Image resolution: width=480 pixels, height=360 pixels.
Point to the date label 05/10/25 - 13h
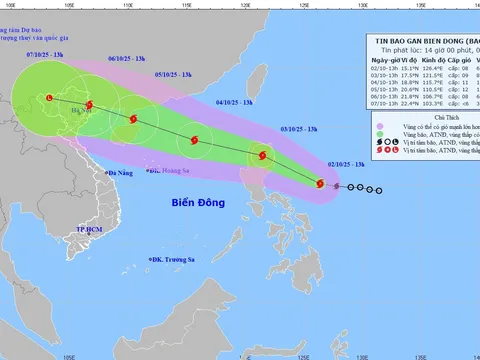[x=174, y=74]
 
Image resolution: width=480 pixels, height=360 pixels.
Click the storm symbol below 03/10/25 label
[x=263, y=154]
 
